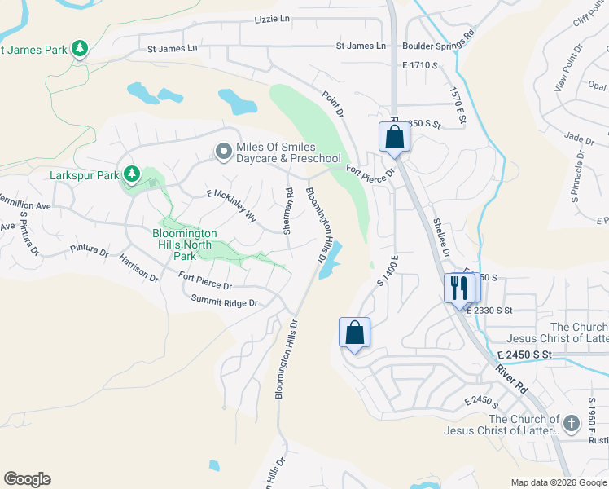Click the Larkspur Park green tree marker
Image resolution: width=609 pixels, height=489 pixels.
pyautogui.click(x=131, y=174)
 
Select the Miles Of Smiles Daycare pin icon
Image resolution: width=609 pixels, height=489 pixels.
pyautogui.click(x=222, y=152)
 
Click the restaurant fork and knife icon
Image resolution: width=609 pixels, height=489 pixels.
pyautogui.click(x=458, y=287)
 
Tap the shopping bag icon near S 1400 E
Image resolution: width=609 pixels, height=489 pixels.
pyautogui.click(x=354, y=332)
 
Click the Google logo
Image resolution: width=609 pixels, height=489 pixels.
pyautogui.click(x=27, y=479)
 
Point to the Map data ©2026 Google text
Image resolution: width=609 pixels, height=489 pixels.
pyautogui.click(x=558, y=482)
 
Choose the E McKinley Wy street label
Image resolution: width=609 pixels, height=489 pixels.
pyautogui.click(x=231, y=205)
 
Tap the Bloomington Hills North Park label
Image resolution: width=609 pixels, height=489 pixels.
pyautogui.click(x=185, y=244)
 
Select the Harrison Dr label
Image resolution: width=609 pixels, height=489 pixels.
pyautogui.click(x=138, y=267)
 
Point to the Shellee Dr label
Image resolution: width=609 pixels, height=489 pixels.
pyautogui.click(x=441, y=236)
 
